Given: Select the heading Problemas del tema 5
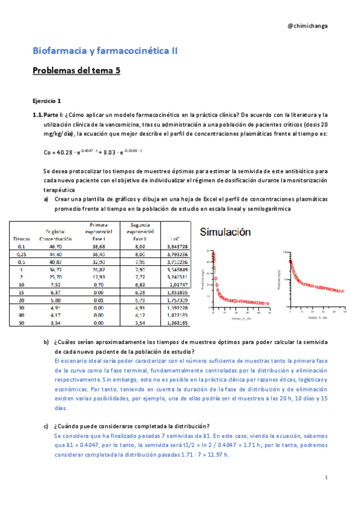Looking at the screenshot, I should tap(76, 71).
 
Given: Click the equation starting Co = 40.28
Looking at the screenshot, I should tap(93, 152).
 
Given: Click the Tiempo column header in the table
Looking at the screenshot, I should tap(22, 239).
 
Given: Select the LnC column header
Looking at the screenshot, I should tap(175, 239).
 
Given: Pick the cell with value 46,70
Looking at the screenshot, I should tap(55, 246).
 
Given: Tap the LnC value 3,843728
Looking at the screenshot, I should tap(175, 246).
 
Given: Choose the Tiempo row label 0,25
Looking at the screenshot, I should tap(22, 254).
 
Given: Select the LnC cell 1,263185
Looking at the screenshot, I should tap(175, 322).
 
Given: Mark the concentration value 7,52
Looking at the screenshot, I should tap(55, 284).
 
